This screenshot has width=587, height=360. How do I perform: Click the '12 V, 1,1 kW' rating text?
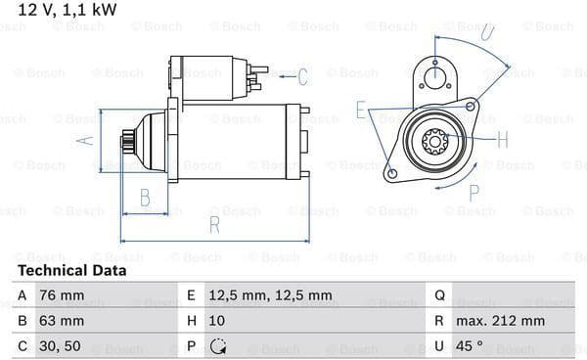pos(68,10)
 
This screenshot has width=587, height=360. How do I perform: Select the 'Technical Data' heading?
pos(72,271)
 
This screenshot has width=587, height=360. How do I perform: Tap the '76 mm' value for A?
pos(62,295)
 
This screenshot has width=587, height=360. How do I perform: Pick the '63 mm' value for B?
pos(62,321)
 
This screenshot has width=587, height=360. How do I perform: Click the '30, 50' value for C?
pos(60,346)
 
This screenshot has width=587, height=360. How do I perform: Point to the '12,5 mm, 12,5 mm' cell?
pos(270,295)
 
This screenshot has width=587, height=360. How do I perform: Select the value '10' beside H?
pos(217,321)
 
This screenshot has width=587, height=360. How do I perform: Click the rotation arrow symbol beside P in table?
pos(218,346)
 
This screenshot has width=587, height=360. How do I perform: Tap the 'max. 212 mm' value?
pos(500,321)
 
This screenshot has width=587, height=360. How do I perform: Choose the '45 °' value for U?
pos(469,345)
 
